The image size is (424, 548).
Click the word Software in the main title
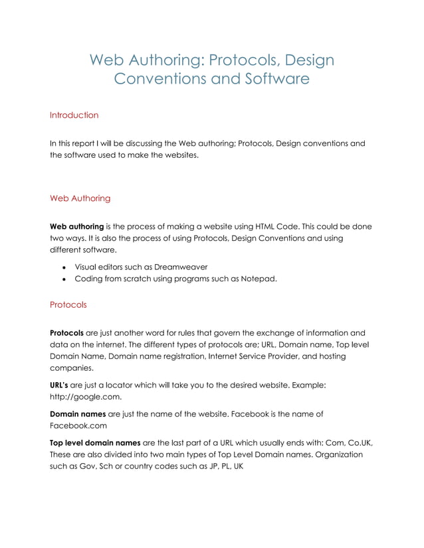coord(274,80)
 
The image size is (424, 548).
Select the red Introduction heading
coord(74,115)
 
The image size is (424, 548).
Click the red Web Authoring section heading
coord(80,198)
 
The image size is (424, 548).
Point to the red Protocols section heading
coord(68,305)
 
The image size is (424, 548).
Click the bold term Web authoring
coord(76,227)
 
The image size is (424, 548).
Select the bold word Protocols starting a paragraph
coord(66,333)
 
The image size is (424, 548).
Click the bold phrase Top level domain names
coord(100,443)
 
